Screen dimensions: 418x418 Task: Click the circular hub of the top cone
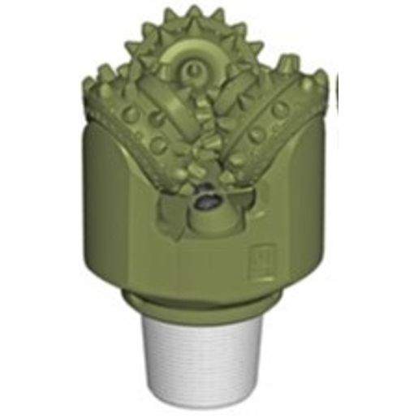[192, 72]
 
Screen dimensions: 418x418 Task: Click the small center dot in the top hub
[192, 72]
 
